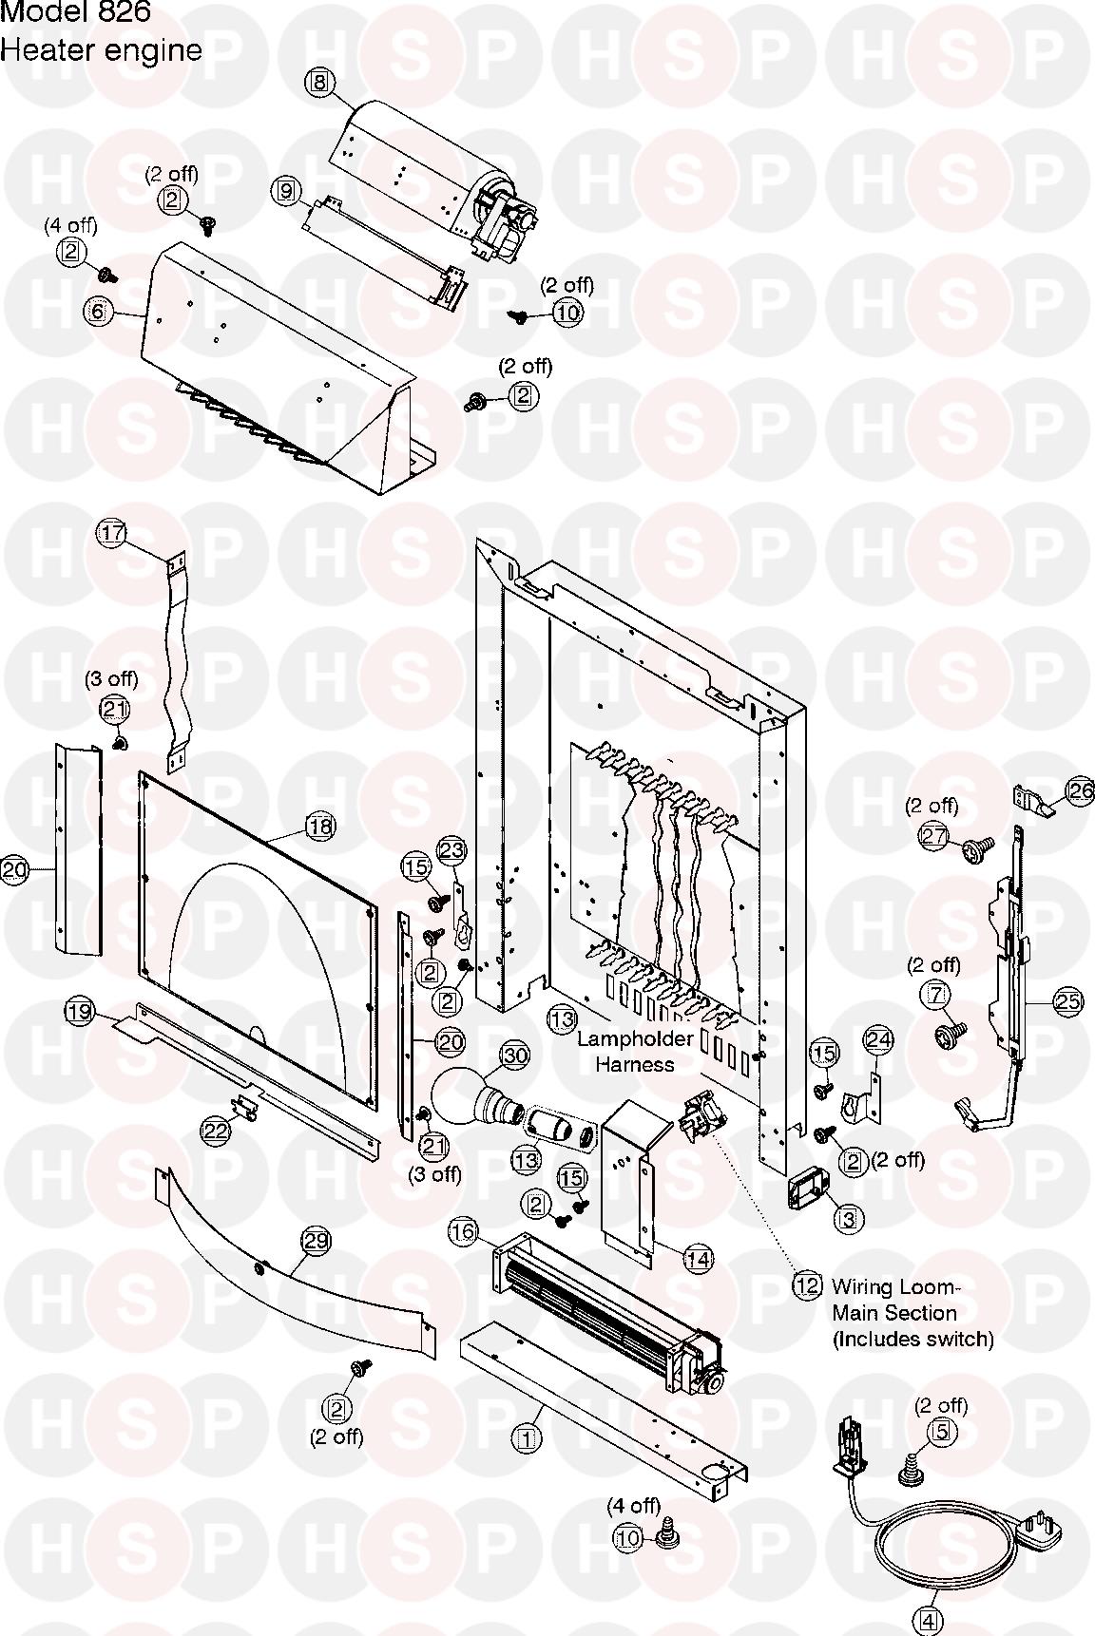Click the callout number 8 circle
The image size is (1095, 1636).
(319, 82)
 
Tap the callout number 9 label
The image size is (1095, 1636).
(284, 191)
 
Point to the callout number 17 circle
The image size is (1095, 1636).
(112, 533)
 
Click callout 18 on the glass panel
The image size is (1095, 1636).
(320, 827)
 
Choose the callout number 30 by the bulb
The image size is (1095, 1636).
(514, 1056)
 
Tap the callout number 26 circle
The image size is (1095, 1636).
(1081, 791)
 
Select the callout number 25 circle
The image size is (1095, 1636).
(1068, 1000)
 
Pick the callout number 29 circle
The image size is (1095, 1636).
(316, 1241)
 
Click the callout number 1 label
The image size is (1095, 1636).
(528, 1439)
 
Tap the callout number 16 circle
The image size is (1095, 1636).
(463, 1233)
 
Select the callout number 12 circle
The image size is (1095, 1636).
(807, 1286)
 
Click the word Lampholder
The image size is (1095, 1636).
(635, 1039)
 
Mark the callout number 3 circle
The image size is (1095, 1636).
(848, 1219)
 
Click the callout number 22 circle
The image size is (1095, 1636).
(216, 1131)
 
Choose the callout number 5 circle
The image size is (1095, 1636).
(941, 1431)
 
